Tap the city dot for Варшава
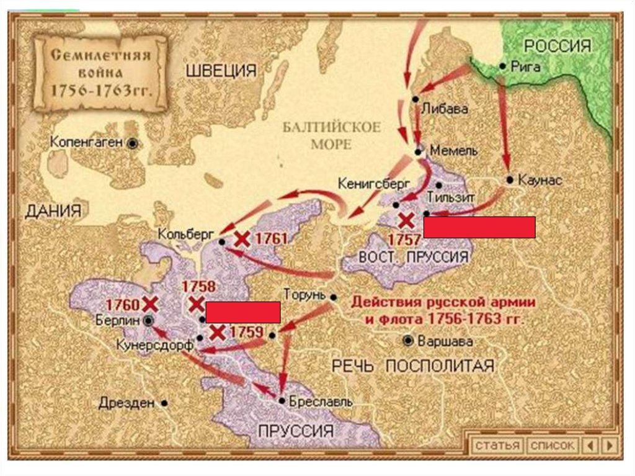pos(407,341)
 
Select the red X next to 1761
pos(242,240)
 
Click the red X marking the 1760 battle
pos(149,303)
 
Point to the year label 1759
pos(246,332)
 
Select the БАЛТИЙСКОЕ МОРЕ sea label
pos(331,136)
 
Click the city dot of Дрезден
pos(164,402)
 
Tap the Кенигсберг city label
pos(366,184)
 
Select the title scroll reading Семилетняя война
pos(100,73)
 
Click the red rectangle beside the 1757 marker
pos(479,228)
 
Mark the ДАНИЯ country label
pos(53,211)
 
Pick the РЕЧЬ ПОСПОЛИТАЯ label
pos(413,366)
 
